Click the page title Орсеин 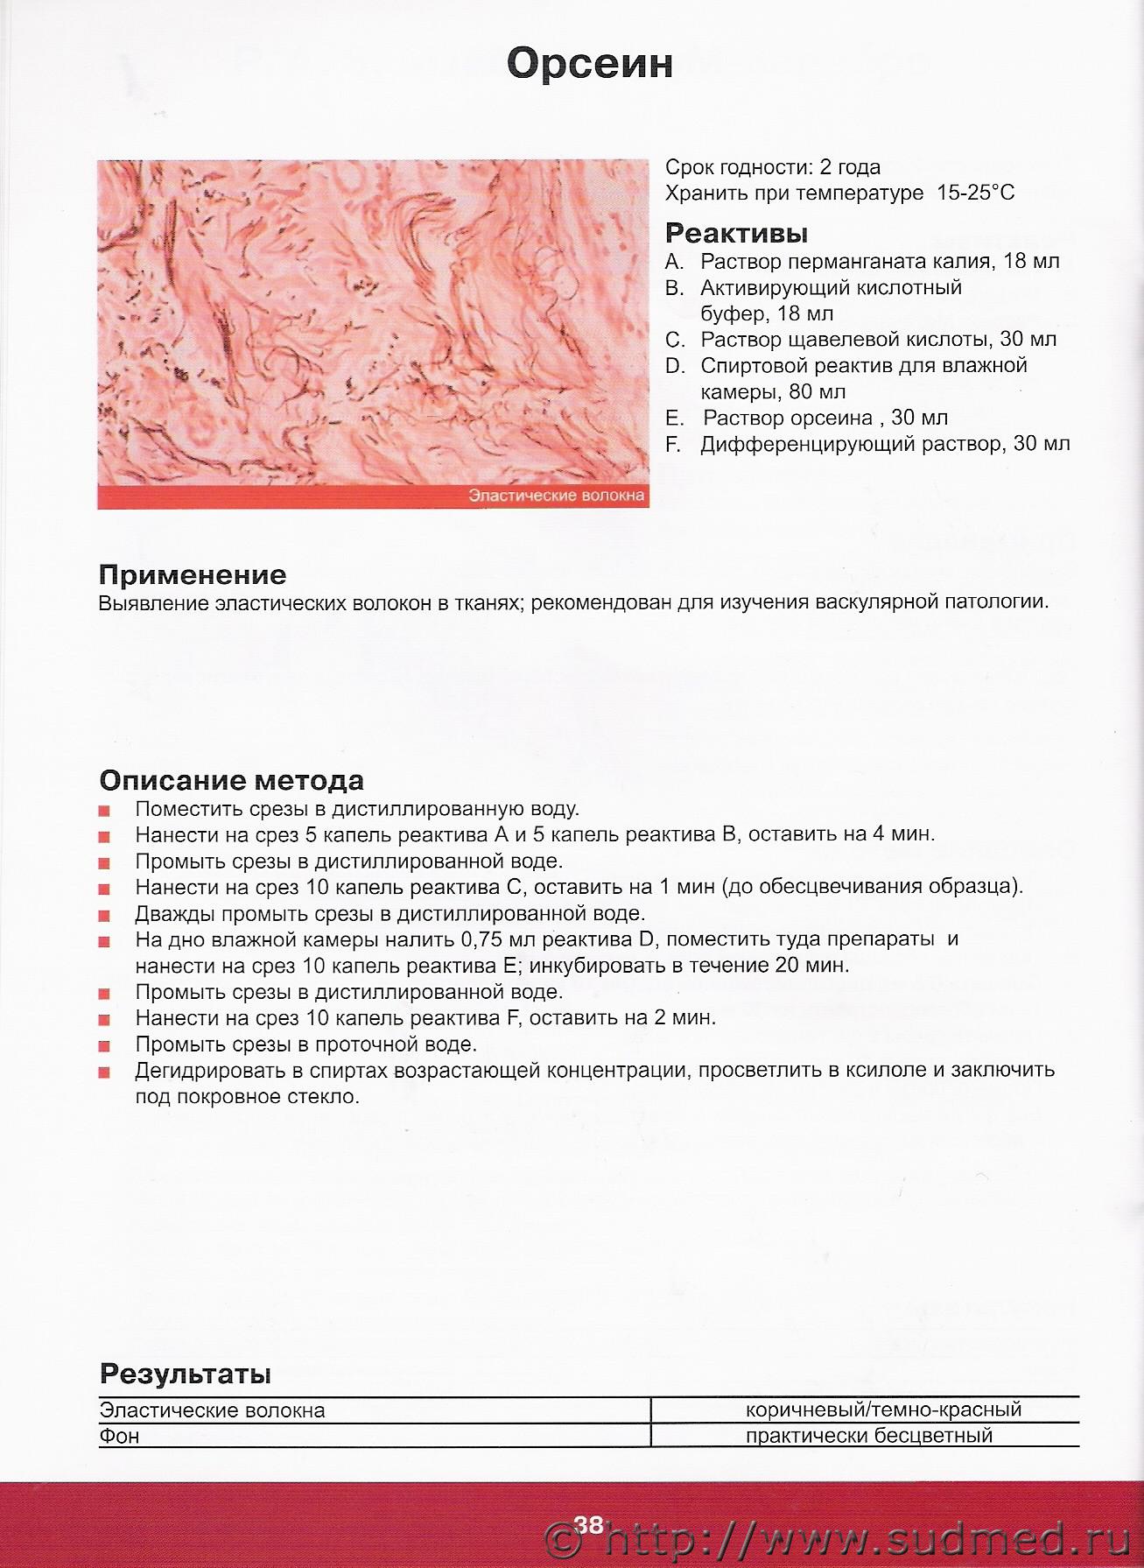pyautogui.click(x=589, y=64)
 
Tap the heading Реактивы pyautogui.click(x=736, y=233)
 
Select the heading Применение pyautogui.click(x=193, y=574)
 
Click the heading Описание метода pyautogui.click(x=232, y=780)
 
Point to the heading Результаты pyautogui.click(x=185, y=1373)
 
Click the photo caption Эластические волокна pyautogui.click(x=557, y=496)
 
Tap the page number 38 pyautogui.click(x=589, y=1524)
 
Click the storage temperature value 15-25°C pyautogui.click(x=975, y=193)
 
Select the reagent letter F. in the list pyautogui.click(x=673, y=444)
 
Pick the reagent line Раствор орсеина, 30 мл pyautogui.click(x=825, y=418)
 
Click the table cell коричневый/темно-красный pyautogui.click(x=884, y=1410)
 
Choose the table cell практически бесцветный pyautogui.click(x=869, y=1435)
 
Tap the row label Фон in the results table pyautogui.click(x=119, y=1436)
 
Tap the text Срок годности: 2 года pyautogui.click(x=773, y=167)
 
